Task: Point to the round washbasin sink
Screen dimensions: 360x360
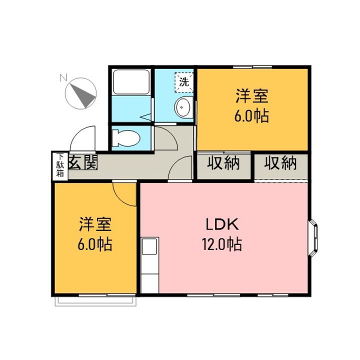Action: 183,107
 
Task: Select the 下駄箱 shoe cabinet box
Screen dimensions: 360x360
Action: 59,166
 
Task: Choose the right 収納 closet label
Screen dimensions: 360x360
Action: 280,163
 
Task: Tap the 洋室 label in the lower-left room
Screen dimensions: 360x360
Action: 94,224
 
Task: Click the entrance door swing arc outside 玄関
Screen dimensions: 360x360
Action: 83,137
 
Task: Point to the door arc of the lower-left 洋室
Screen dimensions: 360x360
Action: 123,194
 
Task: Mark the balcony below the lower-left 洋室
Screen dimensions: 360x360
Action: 95,300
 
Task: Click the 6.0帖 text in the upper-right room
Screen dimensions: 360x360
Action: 252,116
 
